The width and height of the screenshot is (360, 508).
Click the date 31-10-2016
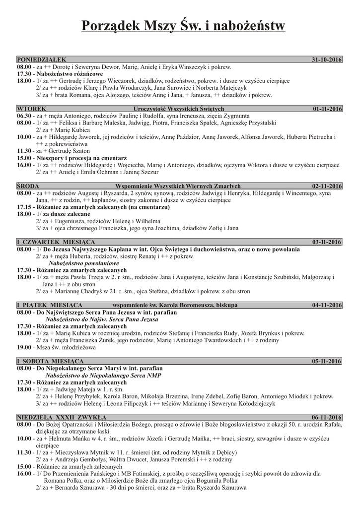327,60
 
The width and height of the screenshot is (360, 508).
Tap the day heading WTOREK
32,108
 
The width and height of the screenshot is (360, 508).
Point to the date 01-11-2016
327,108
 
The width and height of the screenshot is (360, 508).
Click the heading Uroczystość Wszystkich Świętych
179,108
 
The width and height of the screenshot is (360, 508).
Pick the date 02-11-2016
327,186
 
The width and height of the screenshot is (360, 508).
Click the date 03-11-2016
327,242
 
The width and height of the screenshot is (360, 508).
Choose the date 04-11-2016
327,305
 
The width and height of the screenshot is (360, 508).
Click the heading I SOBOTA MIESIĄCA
50,361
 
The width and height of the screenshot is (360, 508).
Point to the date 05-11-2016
327,361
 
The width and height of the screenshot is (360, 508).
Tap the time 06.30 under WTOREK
24,115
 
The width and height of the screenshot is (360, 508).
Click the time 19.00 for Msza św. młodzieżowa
24,348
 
